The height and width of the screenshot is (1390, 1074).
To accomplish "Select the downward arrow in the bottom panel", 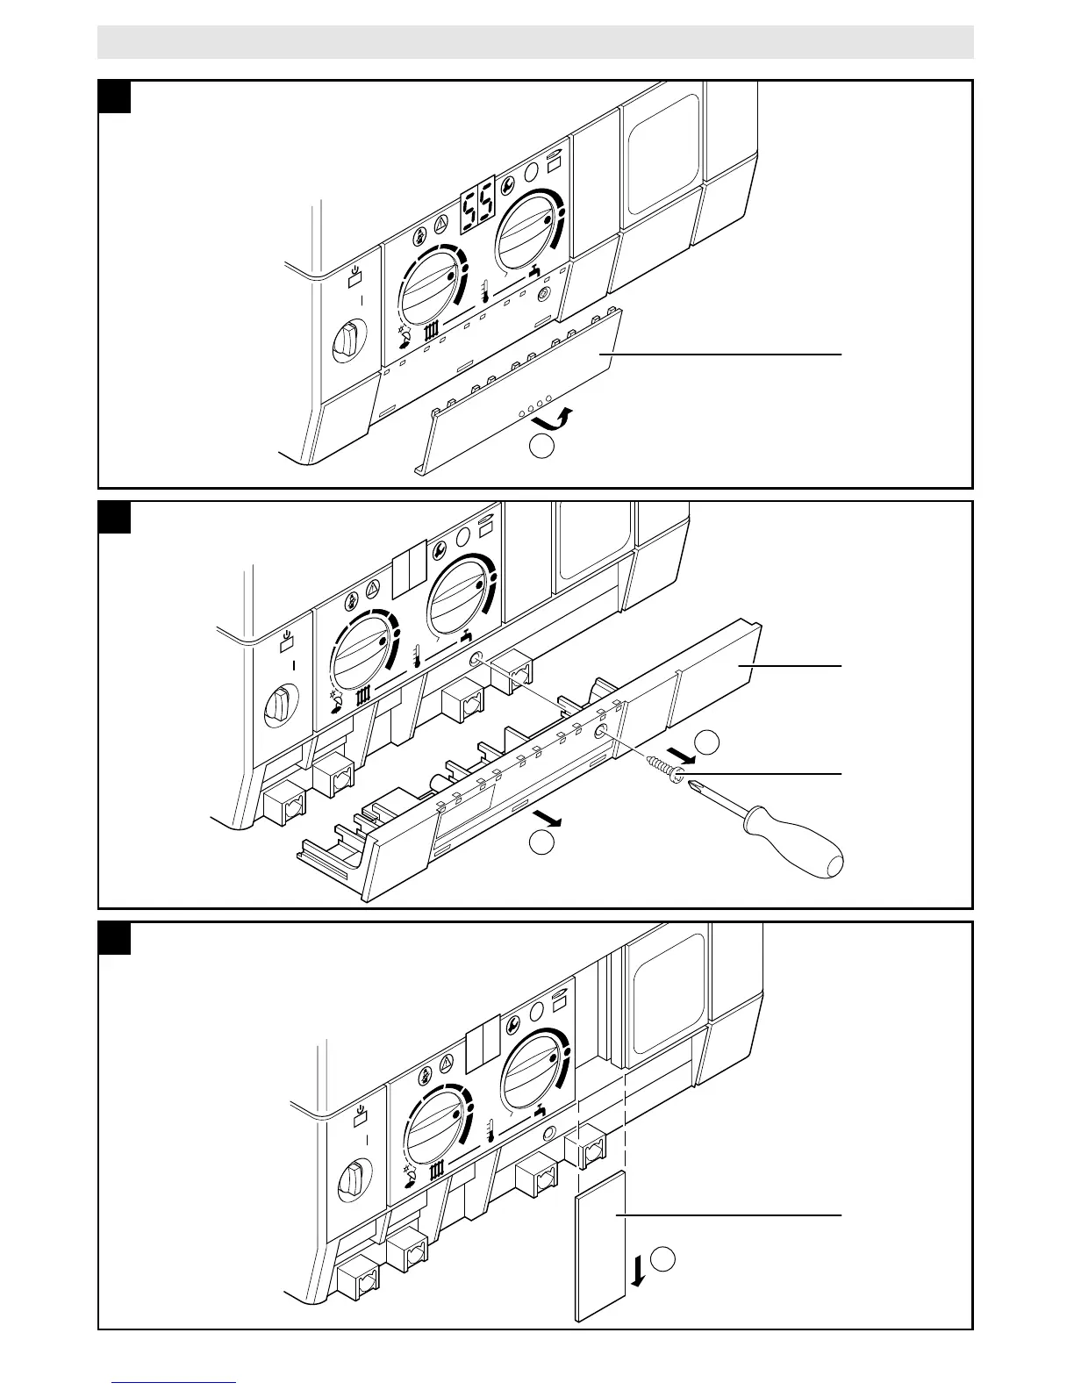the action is coord(638,1269).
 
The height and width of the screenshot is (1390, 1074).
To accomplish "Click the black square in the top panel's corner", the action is coord(115,97).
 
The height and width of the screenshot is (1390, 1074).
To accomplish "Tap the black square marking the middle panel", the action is coord(115,517).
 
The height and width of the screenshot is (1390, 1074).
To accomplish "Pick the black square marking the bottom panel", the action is coord(115,938).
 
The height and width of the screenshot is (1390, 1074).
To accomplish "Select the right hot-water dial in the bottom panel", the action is coord(534,1065).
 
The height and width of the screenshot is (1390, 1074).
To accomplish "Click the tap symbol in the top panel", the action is coord(533,271).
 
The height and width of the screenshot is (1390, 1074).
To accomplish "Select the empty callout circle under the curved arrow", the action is coord(542,448).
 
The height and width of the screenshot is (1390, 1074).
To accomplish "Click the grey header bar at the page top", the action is coord(535,42).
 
